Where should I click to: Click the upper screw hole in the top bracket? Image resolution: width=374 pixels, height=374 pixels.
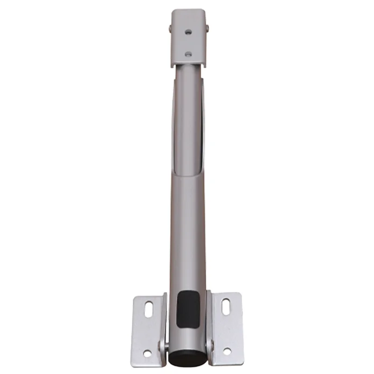tap(188, 32)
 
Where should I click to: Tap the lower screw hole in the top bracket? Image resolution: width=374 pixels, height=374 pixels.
tap(188, 54)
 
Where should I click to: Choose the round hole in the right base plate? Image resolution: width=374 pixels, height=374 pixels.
tap(227, 351)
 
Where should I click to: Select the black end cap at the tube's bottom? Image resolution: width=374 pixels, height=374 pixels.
tap(187, 358)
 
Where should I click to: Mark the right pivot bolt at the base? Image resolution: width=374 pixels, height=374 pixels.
tap(210, 346)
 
